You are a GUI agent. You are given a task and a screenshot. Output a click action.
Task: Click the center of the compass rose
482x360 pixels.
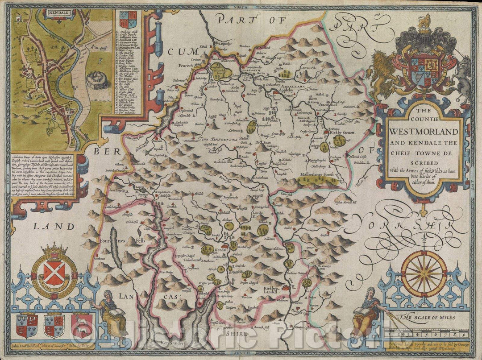pyautogui.click(x=424, y=268)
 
